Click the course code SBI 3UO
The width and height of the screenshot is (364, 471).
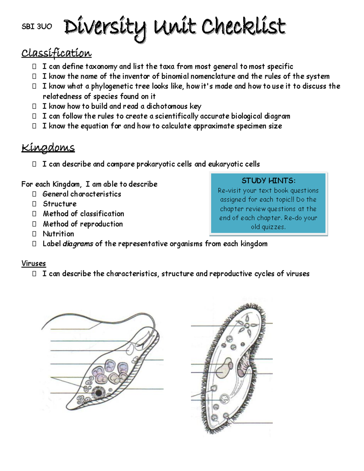click(x=37, y=27)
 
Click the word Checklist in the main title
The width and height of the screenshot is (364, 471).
click(x=244, y=27)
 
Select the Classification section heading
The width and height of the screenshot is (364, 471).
click(x=56, y=53)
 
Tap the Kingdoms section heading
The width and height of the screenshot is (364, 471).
click(x=48, y=148)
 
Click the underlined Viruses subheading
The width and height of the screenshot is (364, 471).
click(x=33, y=263)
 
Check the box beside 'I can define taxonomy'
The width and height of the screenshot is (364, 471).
click(x=34, y=66)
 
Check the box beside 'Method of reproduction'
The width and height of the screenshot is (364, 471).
click(x=34, y=224)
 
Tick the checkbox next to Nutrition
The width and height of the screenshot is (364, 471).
click(x=34, y=234)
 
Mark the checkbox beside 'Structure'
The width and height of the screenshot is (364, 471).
click(x=34, y=204)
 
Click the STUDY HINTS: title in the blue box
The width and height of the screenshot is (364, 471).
click(x=268, y=181)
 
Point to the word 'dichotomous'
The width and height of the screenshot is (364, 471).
click(x=167, y=106)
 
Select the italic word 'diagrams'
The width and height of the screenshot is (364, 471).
click(x=78, y=244)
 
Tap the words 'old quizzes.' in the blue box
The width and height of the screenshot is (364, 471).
click(x=268, y=227)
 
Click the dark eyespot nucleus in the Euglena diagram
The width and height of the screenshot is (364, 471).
click(x=98, y=393)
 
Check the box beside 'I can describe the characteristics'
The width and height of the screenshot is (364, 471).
click(x=34, y=274)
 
